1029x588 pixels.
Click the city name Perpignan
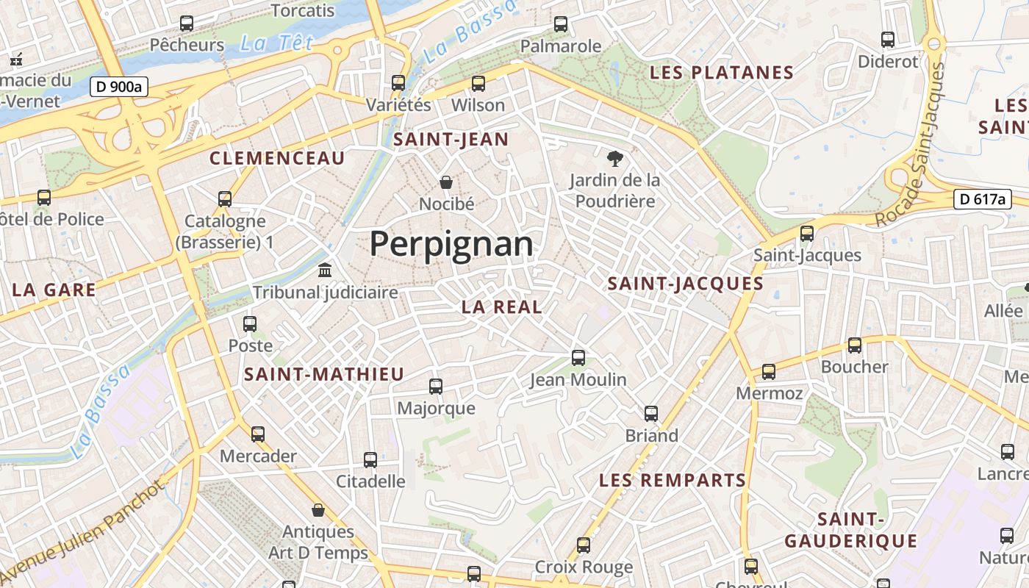[451, 243]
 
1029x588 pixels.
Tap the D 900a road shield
[118, 87]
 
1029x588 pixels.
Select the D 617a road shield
[982, 198]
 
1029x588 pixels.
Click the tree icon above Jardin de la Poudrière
[614, 158]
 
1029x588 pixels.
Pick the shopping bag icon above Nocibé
[445, 182]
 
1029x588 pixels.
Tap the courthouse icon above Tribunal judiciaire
[325, 270]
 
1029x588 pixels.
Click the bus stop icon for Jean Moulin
[578, 358]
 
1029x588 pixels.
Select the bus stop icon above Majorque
[436, 386]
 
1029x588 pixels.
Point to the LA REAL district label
[502, 307]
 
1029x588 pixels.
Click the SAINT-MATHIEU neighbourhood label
[324, 374]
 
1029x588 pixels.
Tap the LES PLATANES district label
[722, 73]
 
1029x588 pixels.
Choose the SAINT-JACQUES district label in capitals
[686, 284]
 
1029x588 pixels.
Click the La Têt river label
[276, 43]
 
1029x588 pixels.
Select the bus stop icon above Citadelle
[370, 460]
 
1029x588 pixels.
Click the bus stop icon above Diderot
[888, 40]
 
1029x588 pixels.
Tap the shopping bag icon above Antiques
[318, 510]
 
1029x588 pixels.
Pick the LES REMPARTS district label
[673, 481]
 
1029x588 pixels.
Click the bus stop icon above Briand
[651, 414]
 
